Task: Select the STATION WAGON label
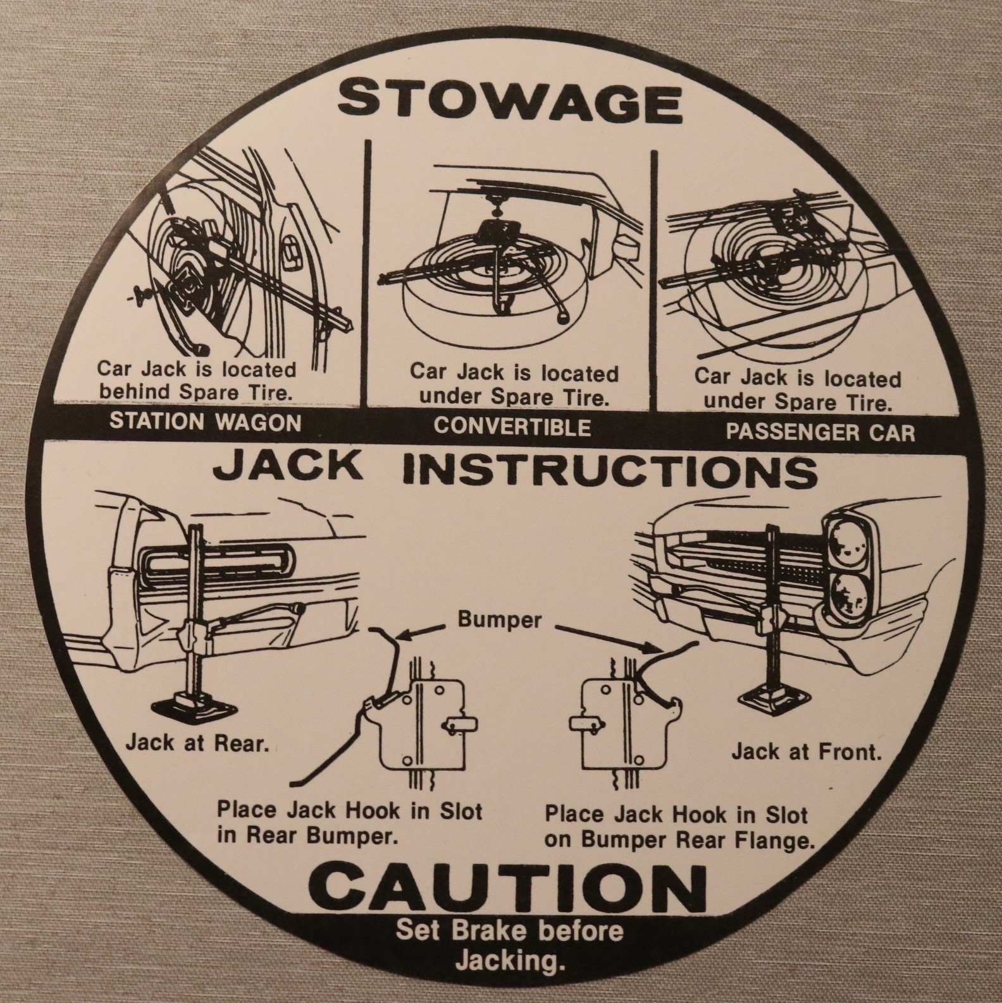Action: tap(206, 422)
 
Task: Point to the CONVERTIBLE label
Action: tap(512, 427)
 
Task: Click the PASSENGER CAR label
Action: tap(820, 432)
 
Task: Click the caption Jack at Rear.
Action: tap(197, 743)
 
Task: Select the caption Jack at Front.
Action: tap(806, 752)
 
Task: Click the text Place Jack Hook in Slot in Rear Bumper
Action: tap(349, 822)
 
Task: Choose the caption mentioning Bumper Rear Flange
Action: tap(679, 827)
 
